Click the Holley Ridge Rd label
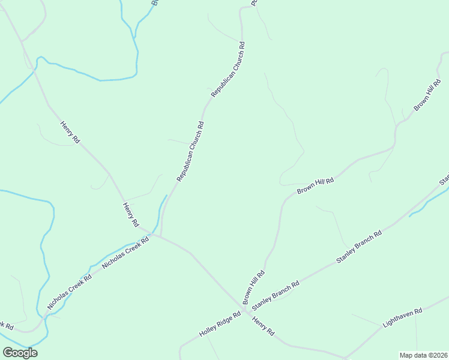pos(220,326)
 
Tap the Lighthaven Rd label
pos(403,318)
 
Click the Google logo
pos(20,353)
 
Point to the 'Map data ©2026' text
pos(423,355)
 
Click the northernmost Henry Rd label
pos(70,132)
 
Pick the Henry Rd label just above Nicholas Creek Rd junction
pos(131,215)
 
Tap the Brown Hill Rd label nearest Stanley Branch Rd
pos(253,287)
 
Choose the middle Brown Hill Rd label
pos(315,185)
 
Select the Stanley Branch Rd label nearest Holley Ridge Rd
pos(276,296)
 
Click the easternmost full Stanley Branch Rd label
pos(359,247)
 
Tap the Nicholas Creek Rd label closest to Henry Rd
pos(125,254)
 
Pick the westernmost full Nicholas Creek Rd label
pos(70,293)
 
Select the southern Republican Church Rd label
pos(191,152)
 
